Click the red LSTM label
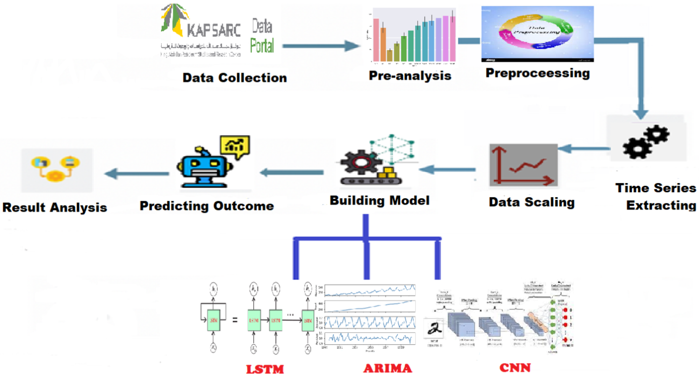click(x=265, y=369)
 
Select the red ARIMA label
click(x=388, y=368)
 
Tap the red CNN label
click(x=515, y=368)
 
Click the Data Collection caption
click(x=234, y=78)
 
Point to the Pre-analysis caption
click(x=410, y=76)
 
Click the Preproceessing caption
click(x=537, y=73)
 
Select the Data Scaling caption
click(x=532, y=202)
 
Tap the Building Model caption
click(x=379, y=201)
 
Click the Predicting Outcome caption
click(x=207, y=206)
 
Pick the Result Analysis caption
click(x=55, y=208)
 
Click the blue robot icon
click(x=204, y=168)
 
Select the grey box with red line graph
click(x=523, y=165)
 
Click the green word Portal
click(x=261, y=46)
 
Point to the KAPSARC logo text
click(x=214, y=30)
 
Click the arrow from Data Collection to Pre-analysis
click(x=320, y=46)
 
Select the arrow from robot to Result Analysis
click(x=137, y=173)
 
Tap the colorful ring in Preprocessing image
click(x=536, y=32)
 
